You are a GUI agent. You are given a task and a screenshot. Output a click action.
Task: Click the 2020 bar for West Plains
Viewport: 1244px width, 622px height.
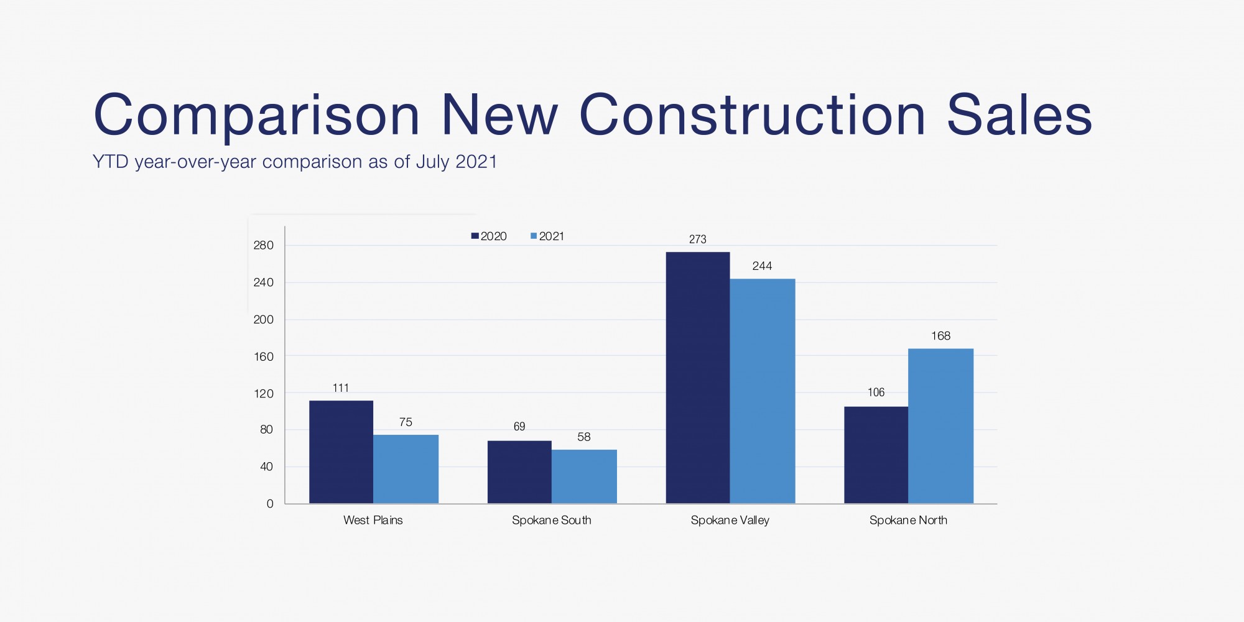click(341, 452)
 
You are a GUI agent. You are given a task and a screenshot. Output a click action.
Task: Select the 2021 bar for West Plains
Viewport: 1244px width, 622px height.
click(406, 469)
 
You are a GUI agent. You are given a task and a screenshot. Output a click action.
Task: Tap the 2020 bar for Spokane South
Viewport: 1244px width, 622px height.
click(519, 472)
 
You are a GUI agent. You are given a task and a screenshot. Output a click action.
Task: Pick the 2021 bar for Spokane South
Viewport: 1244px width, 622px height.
click(584, 476)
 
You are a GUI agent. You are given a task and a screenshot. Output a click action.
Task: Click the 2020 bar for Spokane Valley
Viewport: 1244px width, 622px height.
click(697, 378)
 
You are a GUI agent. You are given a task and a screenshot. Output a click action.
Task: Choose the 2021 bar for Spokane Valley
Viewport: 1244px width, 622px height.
click(762, 391)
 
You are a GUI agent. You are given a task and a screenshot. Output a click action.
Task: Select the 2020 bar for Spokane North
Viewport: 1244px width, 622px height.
click(876, 455)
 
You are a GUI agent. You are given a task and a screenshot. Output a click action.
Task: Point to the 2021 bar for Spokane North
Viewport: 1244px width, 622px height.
click(940, 426)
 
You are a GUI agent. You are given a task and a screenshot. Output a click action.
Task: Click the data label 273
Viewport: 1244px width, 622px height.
click(697, 239)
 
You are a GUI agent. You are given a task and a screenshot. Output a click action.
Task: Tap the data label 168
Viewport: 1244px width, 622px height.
click(940, 336)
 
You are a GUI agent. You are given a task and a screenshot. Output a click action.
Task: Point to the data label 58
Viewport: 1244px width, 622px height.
click(583, 437)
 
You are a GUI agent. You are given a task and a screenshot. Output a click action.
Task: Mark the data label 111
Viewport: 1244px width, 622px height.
click(341, 388)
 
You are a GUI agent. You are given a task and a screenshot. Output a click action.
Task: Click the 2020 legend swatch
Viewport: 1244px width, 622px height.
click(475, 236)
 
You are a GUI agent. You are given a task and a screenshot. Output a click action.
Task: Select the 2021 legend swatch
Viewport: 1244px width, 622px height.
click(534, 236)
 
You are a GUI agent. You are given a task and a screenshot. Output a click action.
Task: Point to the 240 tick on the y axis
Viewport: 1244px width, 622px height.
click(263, 282)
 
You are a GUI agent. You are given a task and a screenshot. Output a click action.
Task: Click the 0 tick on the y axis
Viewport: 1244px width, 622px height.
click(270, 504)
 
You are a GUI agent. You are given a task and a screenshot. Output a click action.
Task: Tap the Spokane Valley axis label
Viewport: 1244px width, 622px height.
click(730, 520)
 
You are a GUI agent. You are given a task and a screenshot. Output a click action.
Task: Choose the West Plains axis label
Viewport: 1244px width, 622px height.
click(373, 520)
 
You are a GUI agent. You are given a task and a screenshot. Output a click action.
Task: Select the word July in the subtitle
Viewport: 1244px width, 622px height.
click(432, 162)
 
